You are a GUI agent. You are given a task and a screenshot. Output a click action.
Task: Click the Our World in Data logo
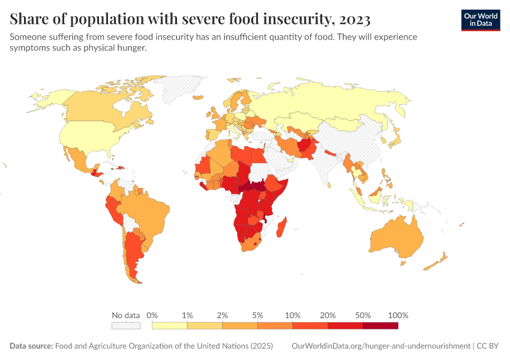tap(480, 20)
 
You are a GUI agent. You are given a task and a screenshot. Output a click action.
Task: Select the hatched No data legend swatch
tap(126, 326)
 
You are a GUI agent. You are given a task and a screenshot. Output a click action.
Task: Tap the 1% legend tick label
tap(187, 315)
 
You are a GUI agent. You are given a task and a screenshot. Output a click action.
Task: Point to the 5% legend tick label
tap(257, 315)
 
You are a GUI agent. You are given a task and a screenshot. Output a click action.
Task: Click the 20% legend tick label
tap(328, 315)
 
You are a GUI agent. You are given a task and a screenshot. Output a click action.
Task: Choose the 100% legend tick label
tap(398, 315)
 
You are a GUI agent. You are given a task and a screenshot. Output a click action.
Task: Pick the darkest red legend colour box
tap(380, 326)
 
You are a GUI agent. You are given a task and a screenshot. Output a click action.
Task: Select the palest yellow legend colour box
tap(170, 326)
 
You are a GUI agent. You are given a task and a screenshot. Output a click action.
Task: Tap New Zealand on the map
tap(437, 262)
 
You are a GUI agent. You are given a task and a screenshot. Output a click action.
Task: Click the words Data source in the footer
tap(31, 346)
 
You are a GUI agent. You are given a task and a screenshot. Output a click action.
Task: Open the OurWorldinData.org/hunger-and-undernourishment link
tap(380, 346)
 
